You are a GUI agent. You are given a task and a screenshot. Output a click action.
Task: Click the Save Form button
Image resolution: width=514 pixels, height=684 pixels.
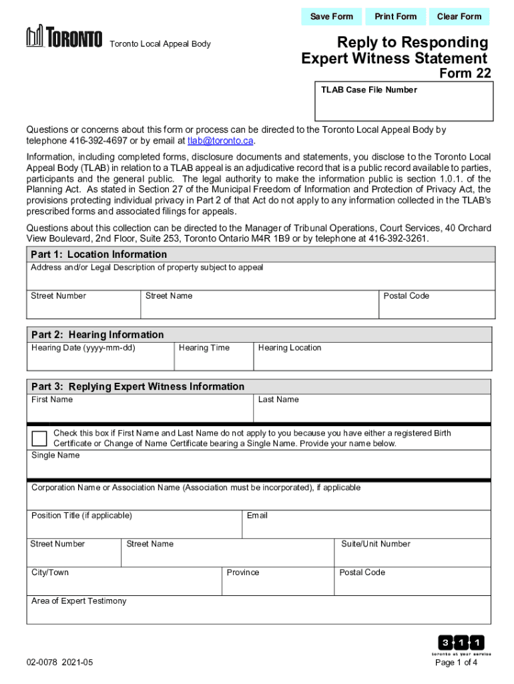pos(332,17)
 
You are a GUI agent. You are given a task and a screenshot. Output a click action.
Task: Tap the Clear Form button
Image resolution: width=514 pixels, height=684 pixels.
pos(459,17)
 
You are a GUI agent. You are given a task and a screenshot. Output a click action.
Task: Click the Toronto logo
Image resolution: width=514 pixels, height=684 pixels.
pos(65,37)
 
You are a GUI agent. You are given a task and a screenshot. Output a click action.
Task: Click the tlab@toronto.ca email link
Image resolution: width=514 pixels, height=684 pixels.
pos(220,141)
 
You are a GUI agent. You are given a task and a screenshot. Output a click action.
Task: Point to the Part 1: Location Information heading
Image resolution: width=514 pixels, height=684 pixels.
pos(99,254)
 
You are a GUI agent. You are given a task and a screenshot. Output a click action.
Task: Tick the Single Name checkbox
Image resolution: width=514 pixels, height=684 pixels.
pos(40,438)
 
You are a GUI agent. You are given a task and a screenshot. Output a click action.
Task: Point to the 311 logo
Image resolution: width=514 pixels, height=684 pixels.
pos(461,643)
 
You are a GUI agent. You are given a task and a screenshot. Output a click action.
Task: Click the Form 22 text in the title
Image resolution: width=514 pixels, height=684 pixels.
pos(465,73)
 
